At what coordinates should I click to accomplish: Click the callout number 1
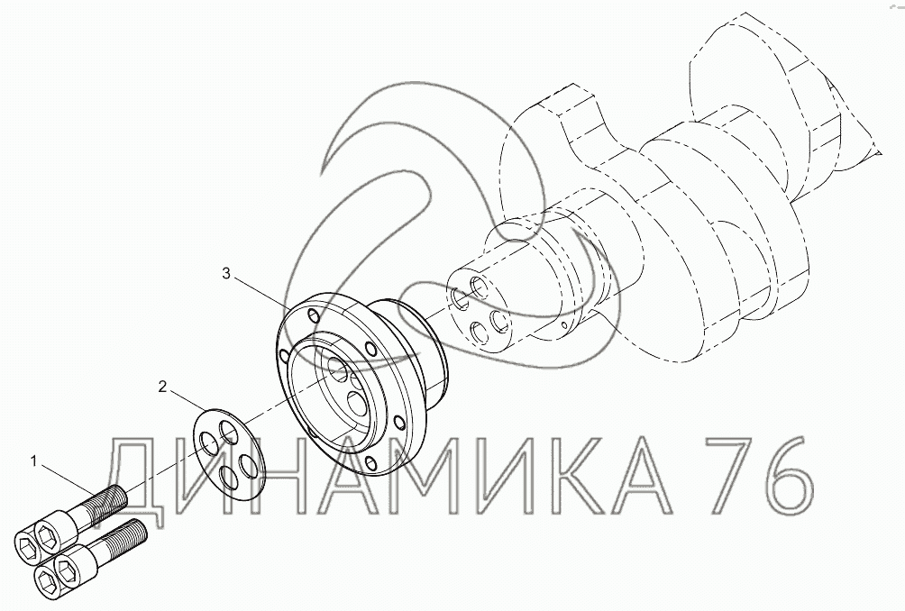click(x=34, y=461)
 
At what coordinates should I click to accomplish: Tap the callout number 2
click(x=163, y=387)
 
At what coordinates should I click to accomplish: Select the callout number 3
click(x=226, y=273)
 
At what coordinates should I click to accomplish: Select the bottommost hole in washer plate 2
click(x=229, y=477)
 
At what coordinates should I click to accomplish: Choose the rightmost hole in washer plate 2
click(x=249, y=466)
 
